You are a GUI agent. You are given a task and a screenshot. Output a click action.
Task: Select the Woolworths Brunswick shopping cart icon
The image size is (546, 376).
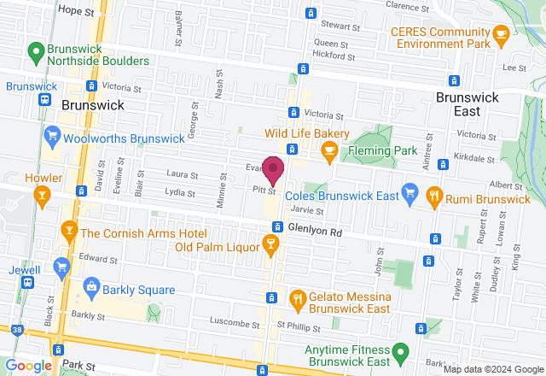click(x=53, y=135)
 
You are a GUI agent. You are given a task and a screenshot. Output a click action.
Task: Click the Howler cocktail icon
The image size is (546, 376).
click(x=41, y=197)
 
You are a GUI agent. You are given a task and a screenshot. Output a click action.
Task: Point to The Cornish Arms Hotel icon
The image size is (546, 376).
click(x=69, y=232)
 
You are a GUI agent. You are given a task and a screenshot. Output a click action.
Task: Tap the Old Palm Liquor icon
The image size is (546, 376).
click(x=270, y=247)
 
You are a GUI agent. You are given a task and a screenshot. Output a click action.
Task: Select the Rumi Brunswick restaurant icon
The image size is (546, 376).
click(x=434, y=195)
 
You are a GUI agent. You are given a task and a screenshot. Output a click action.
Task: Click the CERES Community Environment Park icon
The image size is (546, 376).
click(x=501, y=33)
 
